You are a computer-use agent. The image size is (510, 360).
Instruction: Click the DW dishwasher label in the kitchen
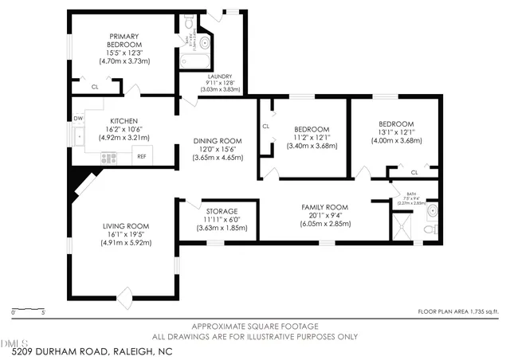click(78, 119)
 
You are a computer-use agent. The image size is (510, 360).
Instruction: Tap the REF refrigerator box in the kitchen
click(141, 156)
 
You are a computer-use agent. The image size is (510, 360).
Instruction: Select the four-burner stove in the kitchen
click(108, 158)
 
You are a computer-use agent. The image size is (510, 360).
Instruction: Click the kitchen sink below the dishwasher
click(80, 136)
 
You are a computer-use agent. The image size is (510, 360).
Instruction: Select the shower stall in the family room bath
click(406, 231)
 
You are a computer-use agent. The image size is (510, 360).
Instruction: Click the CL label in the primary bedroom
click(95, 86)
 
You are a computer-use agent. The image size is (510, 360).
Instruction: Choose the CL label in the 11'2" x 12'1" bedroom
click(266, 126)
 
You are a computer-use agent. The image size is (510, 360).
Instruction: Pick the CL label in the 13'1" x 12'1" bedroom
click(414, 172)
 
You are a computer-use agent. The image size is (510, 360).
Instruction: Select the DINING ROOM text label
click(218, 141)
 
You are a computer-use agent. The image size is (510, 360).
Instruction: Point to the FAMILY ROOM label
click(323, 207)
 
